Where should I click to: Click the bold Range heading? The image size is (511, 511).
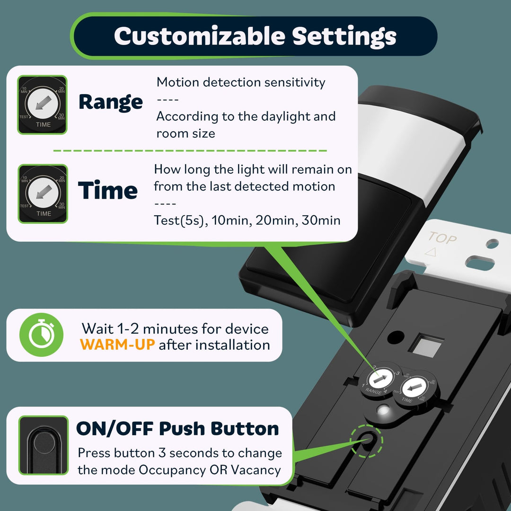pyautogui.click(x=111, y=102)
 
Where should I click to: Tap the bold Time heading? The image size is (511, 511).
pyautogui.click(x=108, y=191)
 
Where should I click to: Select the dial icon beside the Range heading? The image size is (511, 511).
pyautogui.click(x=43, y=105)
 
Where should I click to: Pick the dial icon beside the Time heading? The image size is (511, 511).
pyautogui.click(x=43, y=194)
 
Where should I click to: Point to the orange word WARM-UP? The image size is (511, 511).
pyautogui.click(x=118, y=344)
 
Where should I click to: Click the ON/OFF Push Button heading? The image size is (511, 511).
pyautogui.click(x=177, y=429)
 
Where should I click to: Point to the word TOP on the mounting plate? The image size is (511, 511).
pyautogui.click(x=442, y=238)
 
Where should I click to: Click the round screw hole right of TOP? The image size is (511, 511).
pyautogui.click(x=492, y=244)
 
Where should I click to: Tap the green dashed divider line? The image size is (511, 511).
pyautogui.click(x=189, y=150)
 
